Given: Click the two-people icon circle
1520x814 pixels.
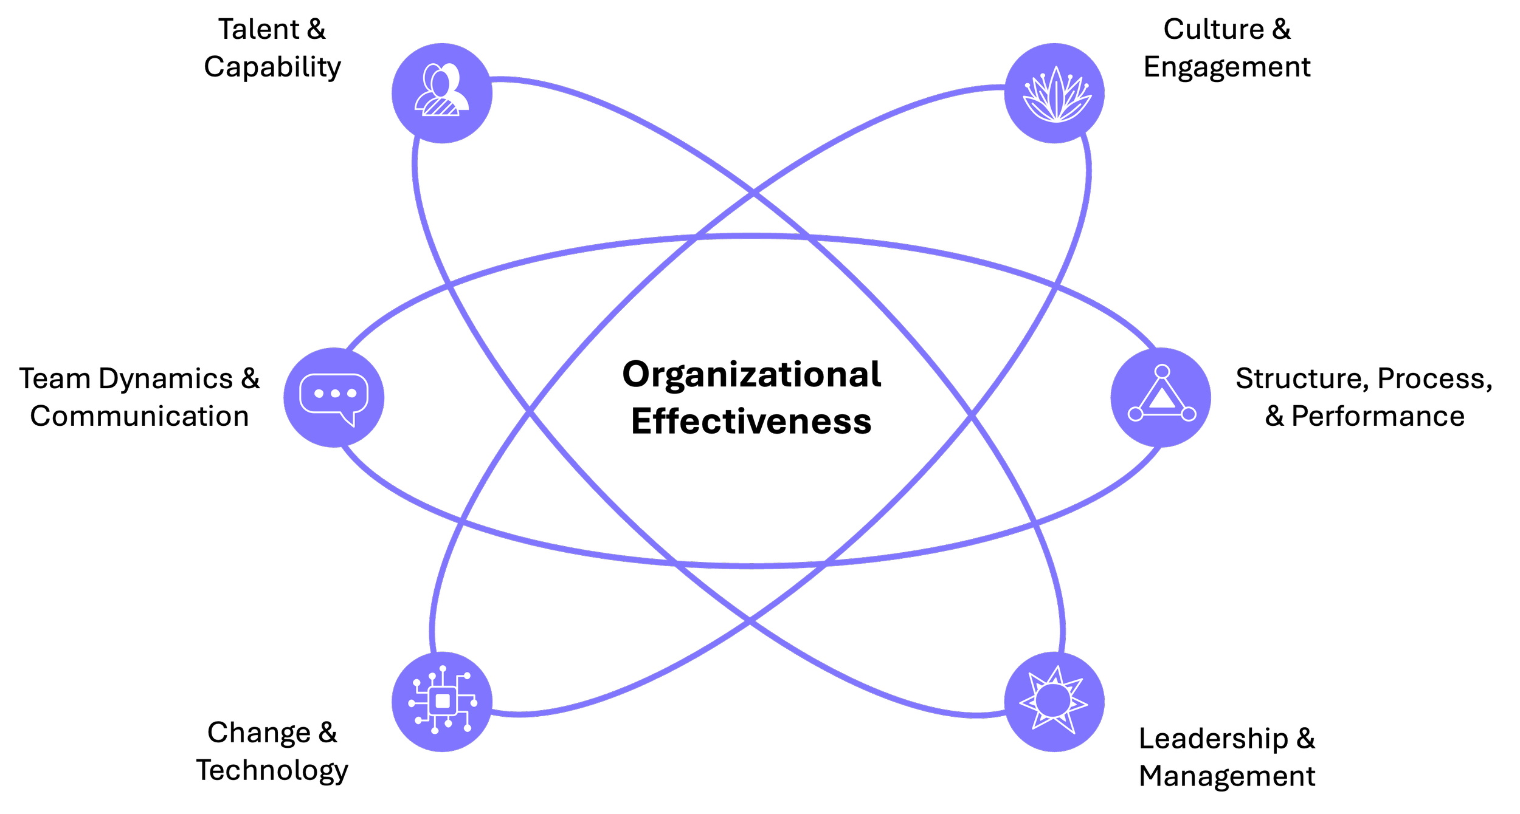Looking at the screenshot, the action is pyautogui.click(x=442, y=93).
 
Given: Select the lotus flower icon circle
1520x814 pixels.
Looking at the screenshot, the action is pyautogui.click(x=1054, y=93).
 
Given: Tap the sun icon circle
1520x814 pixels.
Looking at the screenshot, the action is pyautogui.click(x=1054, y=702).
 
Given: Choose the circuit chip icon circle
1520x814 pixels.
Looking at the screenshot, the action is pyautogui.click(x=442, y=702).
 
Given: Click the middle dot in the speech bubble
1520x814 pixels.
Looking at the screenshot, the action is pyautogui.click(x=335, y=394).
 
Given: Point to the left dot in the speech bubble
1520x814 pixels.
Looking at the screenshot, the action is pyautogui.click(x=319, y=394).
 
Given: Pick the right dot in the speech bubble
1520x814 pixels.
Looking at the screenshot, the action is pyautogui.click(x=351, y=394).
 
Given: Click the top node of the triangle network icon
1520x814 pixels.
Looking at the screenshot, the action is pyautogui.click(x=1162, y=371).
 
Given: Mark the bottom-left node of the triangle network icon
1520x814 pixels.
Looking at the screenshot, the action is pyautogui.click(x=1135, y=414).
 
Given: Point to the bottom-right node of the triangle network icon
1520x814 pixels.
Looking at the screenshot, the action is pyautogui.click(x=1189, y=414).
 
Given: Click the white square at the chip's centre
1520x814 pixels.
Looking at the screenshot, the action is pyautogui.click(x=443, y=702).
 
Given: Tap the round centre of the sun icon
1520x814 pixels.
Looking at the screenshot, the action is pyautogui.click(x=1053, y=700).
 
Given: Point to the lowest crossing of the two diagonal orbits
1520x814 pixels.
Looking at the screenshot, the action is pyautogui.click(x=750, y=621).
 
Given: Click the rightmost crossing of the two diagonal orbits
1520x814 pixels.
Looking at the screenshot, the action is pyautogui.click(x=972, y=416).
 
